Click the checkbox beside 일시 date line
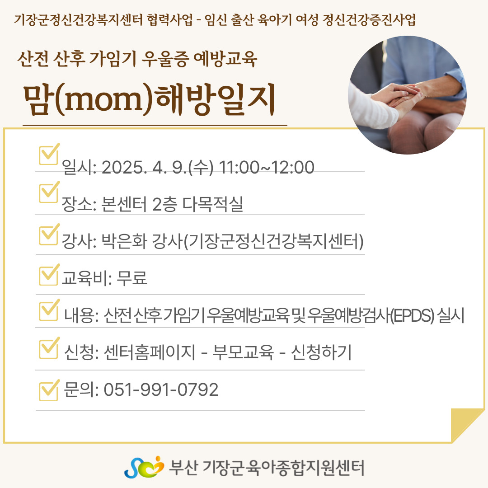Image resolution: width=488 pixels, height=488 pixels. (x=48, y=155)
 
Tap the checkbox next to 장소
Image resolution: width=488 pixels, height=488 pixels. (x=48, y=192)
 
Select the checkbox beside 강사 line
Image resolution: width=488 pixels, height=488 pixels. (x=48, y=235)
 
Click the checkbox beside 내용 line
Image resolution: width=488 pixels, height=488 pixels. (x=48, y=310)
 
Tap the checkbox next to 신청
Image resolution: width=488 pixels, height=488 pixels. (x=48, y=348)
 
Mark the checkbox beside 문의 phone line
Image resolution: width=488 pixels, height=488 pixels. (x=48, y=390)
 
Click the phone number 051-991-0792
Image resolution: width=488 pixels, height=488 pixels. (x=161, y=389)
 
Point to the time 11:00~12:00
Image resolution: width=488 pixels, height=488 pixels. (x=267, y=168)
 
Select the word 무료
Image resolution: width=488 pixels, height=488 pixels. (x=132, y=277)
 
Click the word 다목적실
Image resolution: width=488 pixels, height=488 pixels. (x=212, y=204)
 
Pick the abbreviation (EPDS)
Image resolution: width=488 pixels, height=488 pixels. (x=412, y=315)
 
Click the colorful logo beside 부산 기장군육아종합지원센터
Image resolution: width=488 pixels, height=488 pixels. (x=144, y=467)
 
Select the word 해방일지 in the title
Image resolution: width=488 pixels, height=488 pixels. (x=215, y=99)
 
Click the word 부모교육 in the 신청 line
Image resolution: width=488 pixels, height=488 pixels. (x=243, y=352)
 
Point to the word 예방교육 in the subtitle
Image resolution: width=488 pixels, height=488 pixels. (x=225, y=58)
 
